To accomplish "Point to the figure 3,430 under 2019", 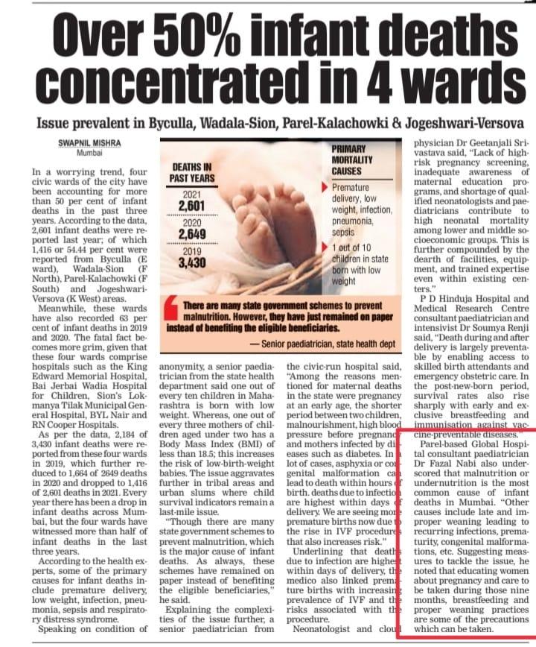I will pos(182,264).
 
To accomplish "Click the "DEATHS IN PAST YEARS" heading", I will pos(191,173).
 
